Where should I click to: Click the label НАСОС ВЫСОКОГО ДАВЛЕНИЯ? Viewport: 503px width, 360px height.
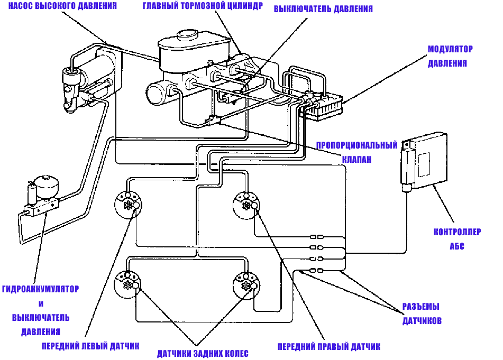click(62, 6)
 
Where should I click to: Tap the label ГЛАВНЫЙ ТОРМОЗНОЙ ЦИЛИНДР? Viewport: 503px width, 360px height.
click(203, 6)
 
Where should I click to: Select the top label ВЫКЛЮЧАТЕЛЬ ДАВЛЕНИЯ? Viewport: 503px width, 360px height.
click(323, 9)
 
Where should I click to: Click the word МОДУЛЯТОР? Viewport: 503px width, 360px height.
click(450, 49)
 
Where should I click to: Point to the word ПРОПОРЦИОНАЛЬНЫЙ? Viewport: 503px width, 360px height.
click(356, 145)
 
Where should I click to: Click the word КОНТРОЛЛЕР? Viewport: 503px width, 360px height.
click(457, 232)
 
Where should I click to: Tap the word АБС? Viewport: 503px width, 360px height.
click(457, 246)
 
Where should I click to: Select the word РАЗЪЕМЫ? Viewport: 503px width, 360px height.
click(420, 307)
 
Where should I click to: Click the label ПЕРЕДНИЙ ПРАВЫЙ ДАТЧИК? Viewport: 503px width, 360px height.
click(329, 347)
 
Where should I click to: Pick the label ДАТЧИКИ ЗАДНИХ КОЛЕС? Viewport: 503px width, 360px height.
click(203, 354)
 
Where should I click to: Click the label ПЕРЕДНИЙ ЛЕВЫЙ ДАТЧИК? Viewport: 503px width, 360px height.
click(90, 346)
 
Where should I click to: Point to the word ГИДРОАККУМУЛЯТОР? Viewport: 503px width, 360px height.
click(40, 289)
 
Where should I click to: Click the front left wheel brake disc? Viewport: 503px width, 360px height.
click(128, 205)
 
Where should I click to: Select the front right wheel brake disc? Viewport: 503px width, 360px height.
click(246, 205)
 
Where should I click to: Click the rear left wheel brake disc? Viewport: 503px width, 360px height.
click(128, 284)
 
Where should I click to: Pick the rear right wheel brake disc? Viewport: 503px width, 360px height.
click(246, 285)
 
